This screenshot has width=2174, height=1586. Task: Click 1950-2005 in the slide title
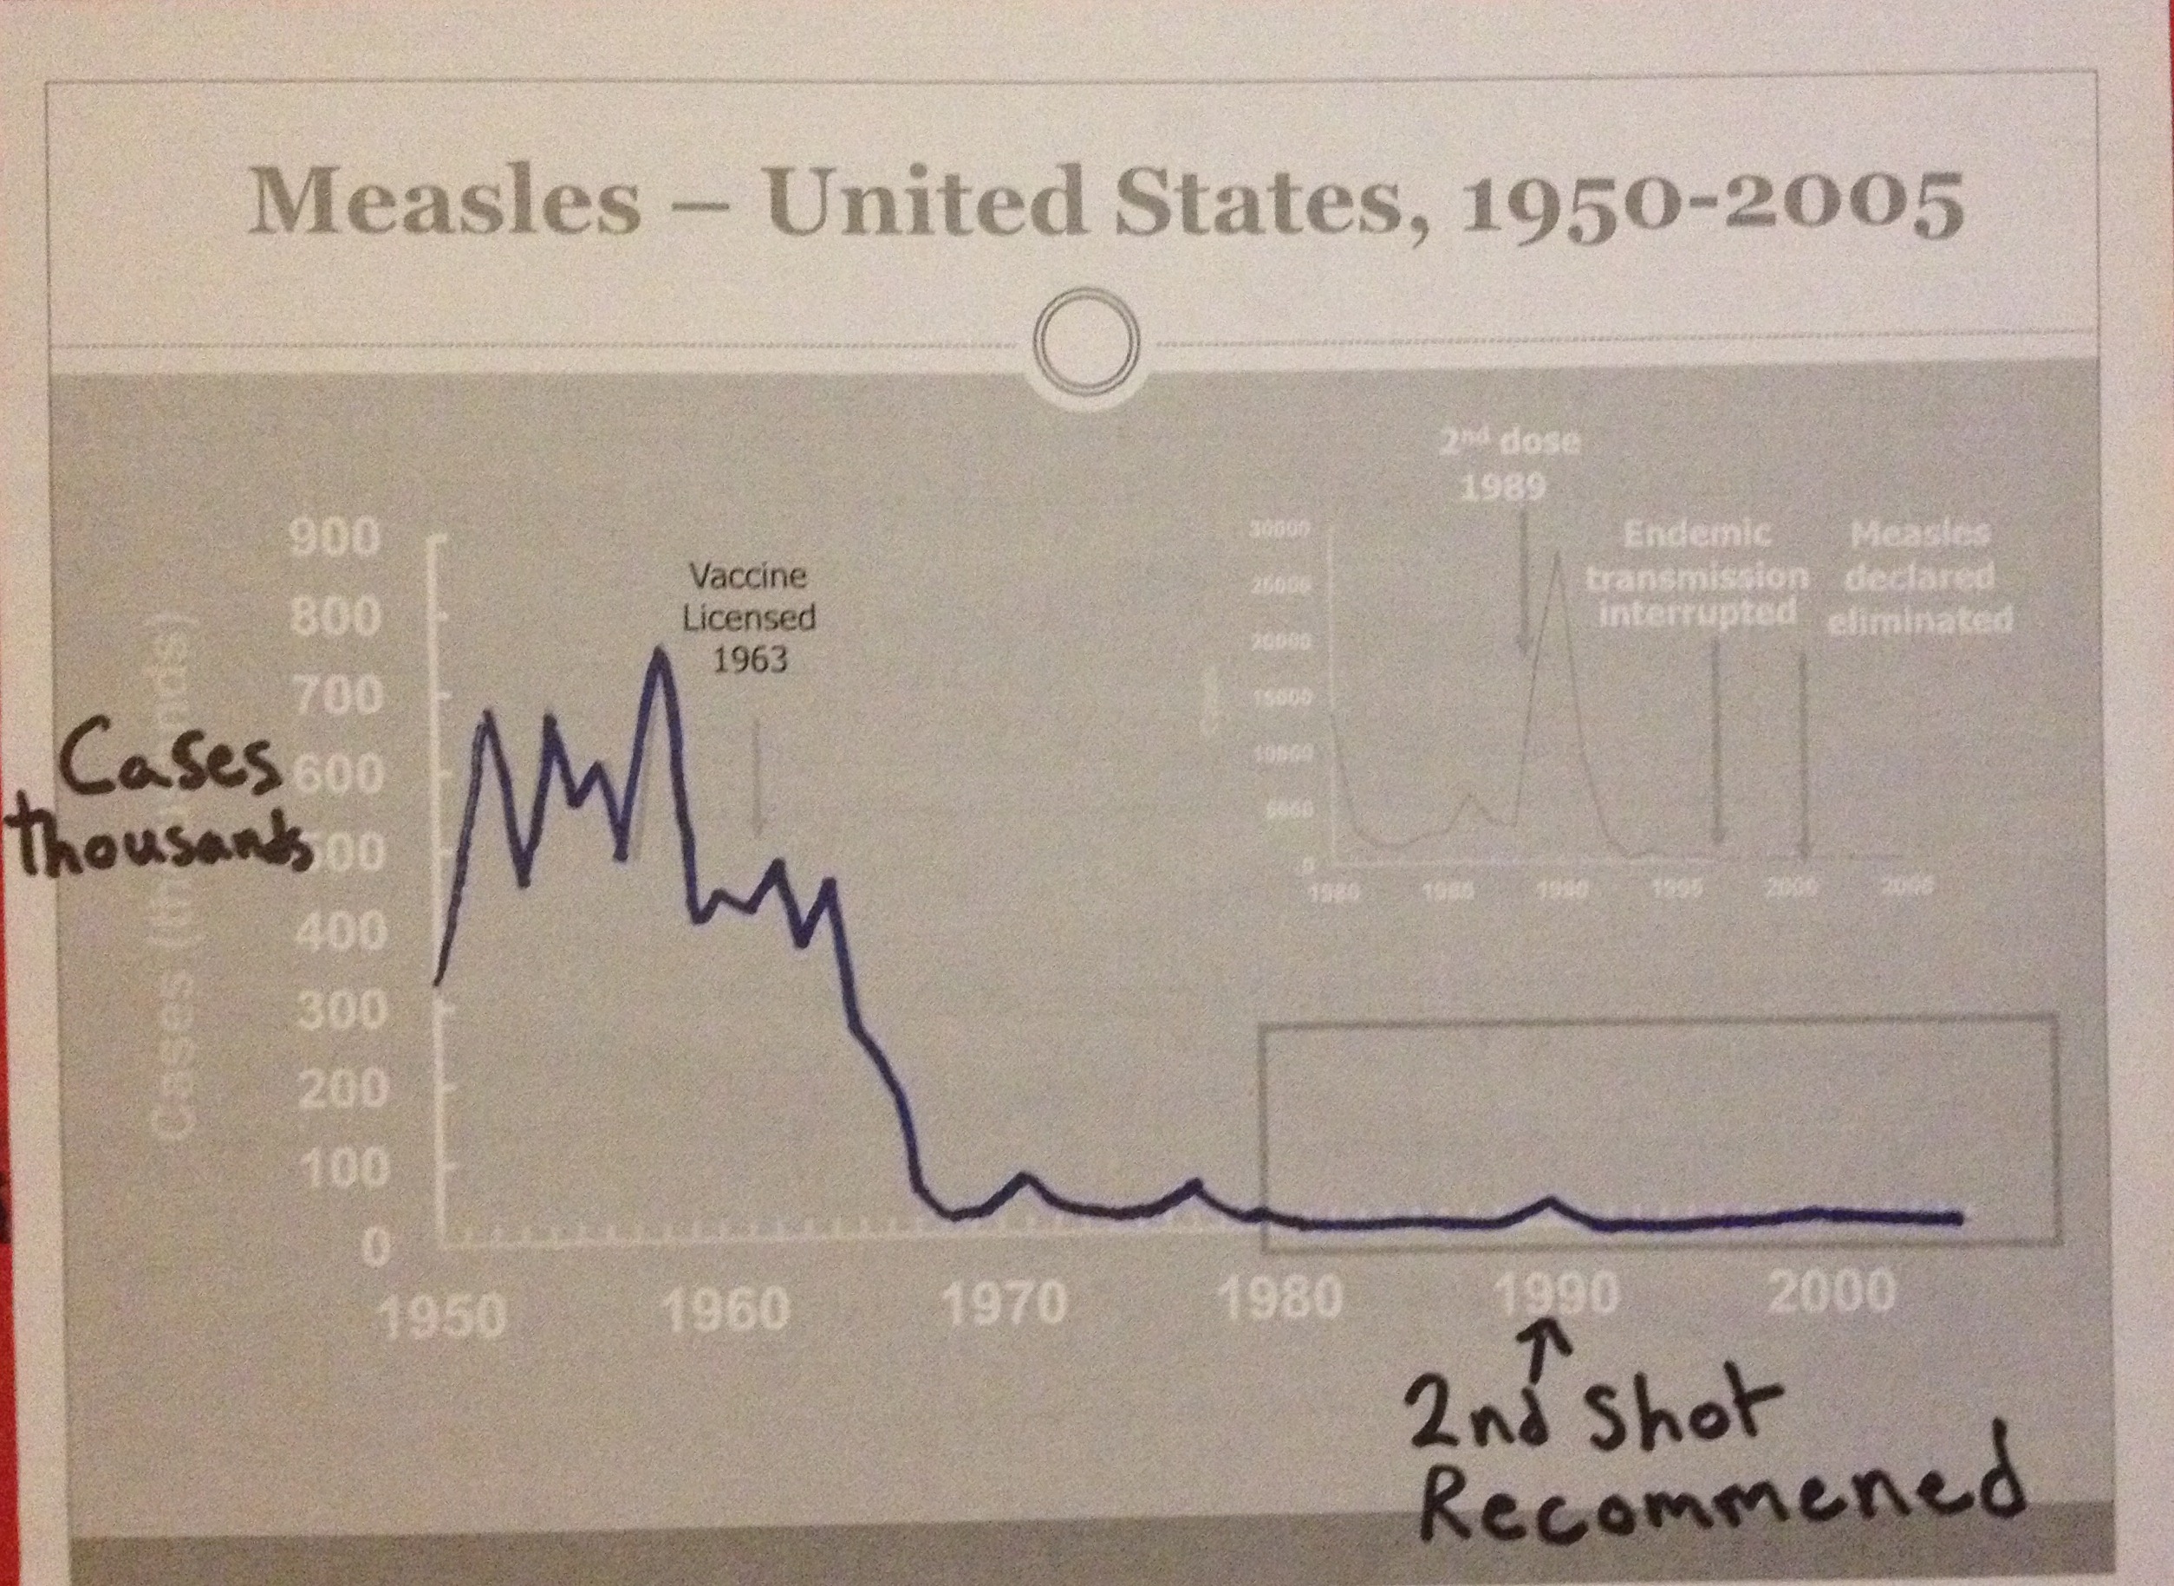click(x=1710, y=205)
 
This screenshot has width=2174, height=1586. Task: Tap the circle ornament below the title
click(x=1086, y=342)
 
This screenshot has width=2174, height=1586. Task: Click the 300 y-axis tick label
click(x=342, y=1010)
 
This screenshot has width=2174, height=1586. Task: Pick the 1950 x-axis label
click(x=442, y=1316)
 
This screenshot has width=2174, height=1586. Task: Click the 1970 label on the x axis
click(x=1006, y=1303)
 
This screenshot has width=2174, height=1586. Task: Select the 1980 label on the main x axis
click(x=1280, y=1298)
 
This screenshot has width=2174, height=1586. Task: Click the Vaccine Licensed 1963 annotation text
click(x=749, y=617)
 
